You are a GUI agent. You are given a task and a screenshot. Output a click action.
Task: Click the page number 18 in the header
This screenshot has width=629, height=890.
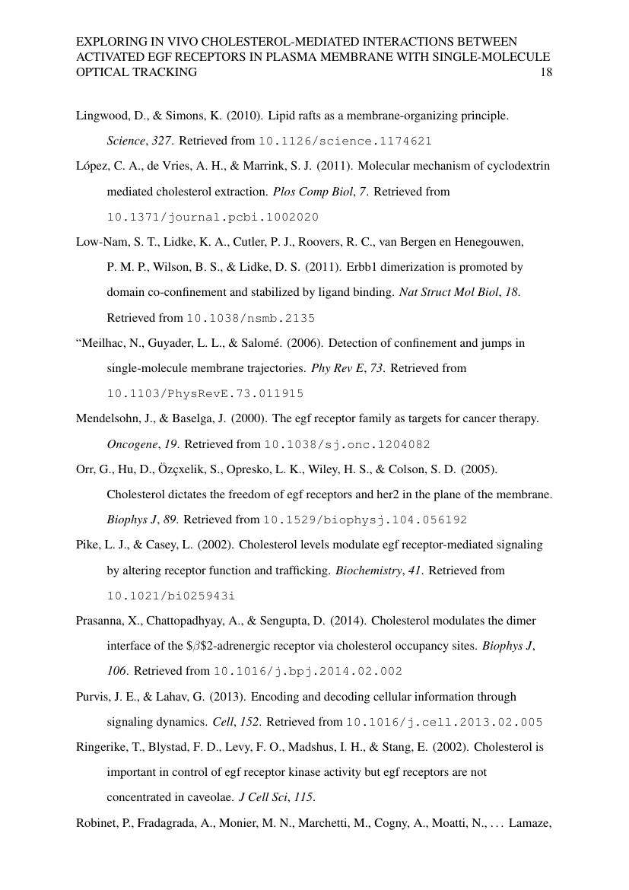tap(545, 73)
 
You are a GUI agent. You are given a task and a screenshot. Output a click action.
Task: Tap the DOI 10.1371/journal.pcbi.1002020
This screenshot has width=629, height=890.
tap(212, 217)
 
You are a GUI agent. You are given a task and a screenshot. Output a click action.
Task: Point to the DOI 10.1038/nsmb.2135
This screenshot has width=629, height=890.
tap(250, 318)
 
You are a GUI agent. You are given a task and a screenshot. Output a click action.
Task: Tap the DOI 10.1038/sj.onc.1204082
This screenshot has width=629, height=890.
tap(349, 443)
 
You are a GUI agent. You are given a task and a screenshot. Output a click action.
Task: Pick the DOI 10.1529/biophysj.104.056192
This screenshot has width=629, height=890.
tap(364, 520)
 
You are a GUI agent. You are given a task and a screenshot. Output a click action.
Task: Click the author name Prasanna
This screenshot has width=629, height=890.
tap(100, 620)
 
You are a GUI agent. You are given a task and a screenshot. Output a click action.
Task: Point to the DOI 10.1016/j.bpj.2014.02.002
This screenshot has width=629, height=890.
tap(307, 671)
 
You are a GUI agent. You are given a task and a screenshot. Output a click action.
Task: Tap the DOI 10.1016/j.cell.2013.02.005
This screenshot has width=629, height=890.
tap(443, 721)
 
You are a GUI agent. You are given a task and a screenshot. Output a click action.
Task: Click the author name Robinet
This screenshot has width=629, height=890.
tap(97, 822)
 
